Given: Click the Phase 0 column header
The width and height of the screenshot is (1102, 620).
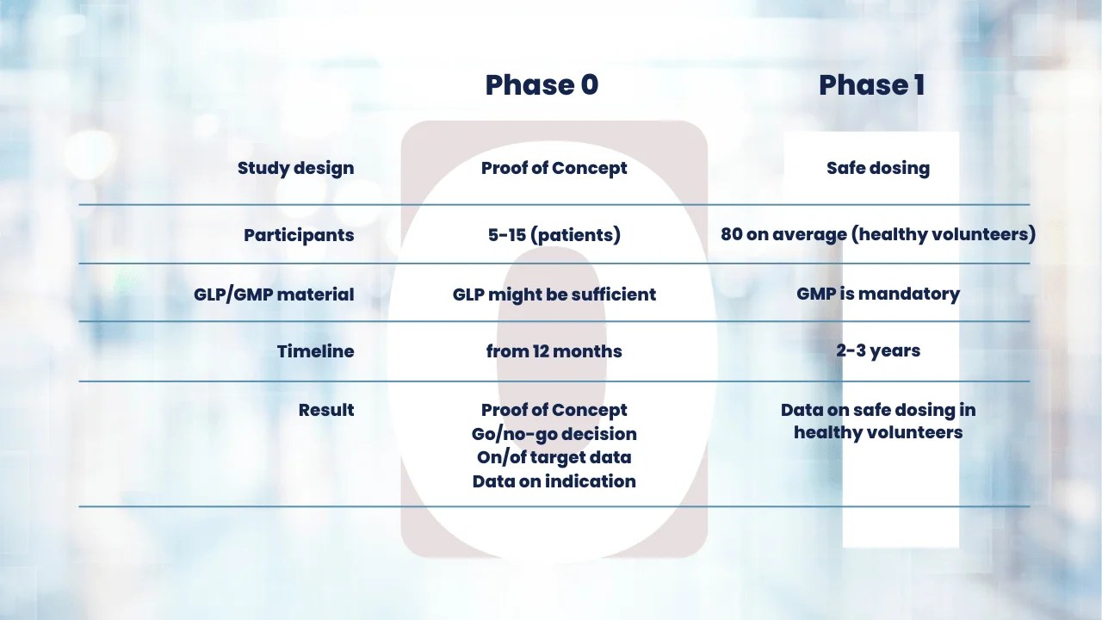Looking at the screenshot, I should pos(542,84).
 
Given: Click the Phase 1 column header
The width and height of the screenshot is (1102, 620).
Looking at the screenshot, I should pos(871,84).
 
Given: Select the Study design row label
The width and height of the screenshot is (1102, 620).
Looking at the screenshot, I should pos(295,168).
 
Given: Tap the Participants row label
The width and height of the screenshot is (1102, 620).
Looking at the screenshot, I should pos(299,235).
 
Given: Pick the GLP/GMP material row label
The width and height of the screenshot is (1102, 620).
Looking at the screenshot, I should pos(274,294).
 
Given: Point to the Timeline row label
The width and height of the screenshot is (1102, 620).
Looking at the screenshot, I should pos(315,351).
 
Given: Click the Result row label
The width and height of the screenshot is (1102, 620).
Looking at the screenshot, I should pos(326,410).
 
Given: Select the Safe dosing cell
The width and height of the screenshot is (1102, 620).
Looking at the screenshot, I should pos(877,168).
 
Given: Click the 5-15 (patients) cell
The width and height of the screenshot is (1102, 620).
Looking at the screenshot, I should pos(554,235).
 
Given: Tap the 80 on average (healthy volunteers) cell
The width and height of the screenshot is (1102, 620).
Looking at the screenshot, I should pos(877,234).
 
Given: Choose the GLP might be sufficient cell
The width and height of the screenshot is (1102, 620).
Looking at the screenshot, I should pos(554,294).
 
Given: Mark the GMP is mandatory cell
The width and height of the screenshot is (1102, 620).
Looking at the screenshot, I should pos(877,294).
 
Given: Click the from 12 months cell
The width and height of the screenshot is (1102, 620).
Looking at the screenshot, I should pos(554,351).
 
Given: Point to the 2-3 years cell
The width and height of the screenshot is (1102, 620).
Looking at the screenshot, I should pos(877,350).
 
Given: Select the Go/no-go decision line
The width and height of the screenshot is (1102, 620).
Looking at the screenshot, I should pos(554,434).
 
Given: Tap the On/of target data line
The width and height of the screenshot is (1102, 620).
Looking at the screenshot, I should pos(554,457).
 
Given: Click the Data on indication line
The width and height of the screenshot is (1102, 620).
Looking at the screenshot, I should pos(554,481).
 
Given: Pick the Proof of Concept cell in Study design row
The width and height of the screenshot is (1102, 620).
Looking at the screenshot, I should pos(554,168).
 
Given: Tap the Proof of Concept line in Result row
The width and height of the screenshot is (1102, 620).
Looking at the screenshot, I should pos(554,410).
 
